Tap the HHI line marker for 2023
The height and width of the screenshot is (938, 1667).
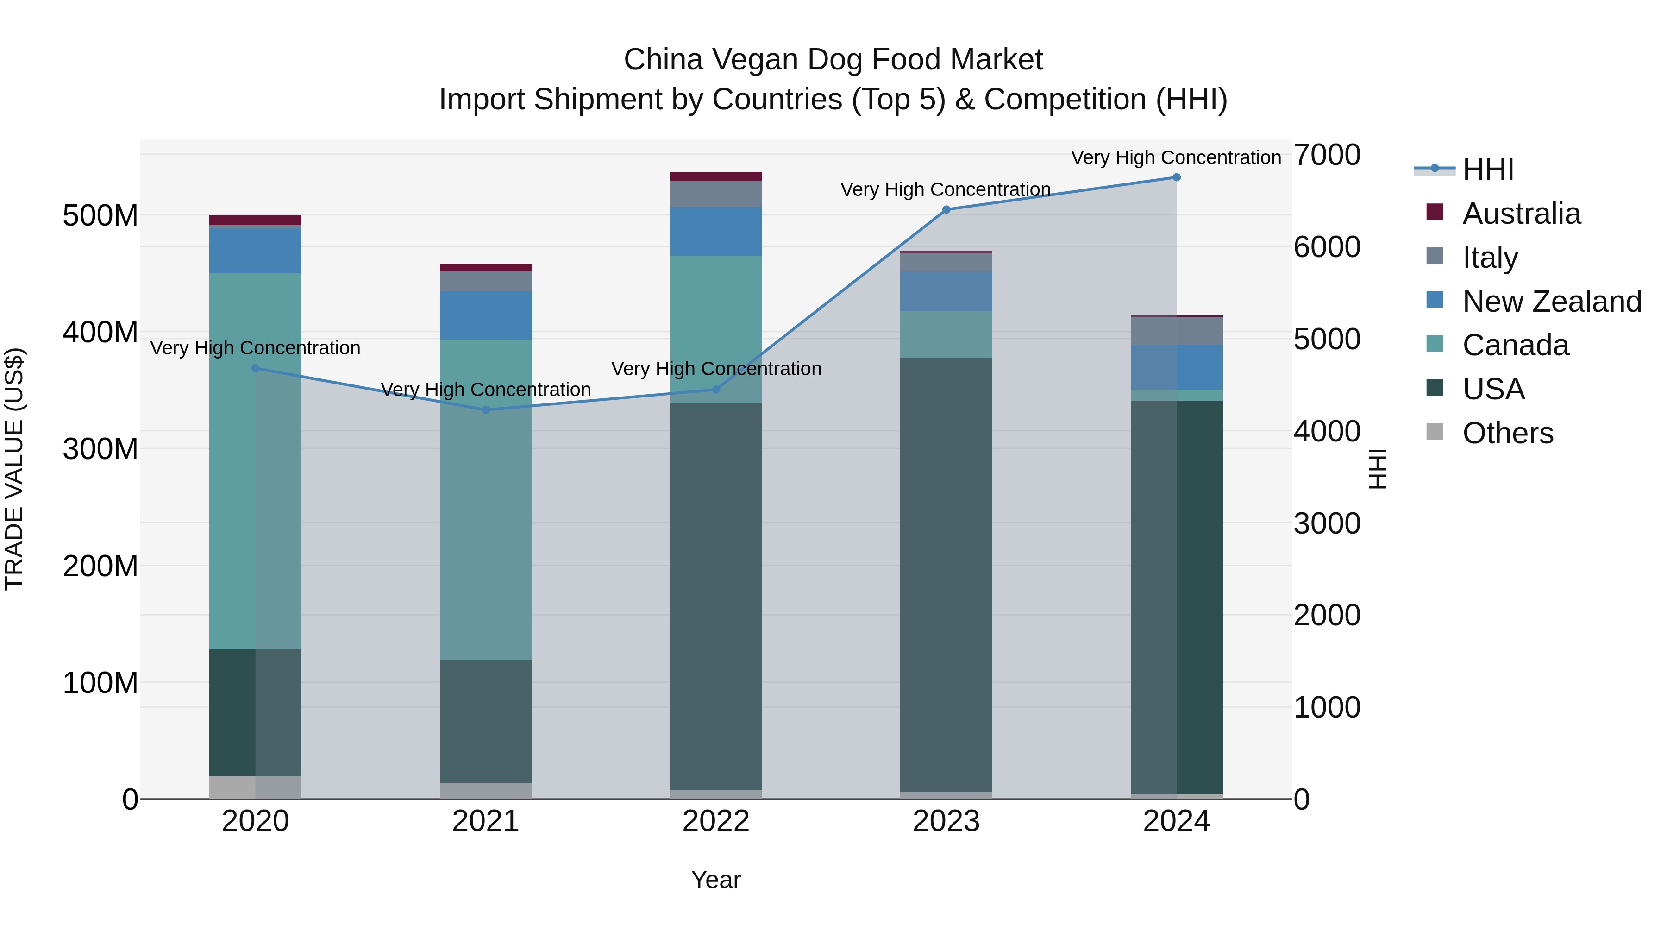946,210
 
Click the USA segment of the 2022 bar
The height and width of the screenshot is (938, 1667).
716,596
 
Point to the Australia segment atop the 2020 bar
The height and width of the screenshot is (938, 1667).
255,220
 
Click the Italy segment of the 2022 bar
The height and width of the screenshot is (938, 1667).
716,194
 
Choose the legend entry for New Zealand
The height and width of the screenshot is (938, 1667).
1551,302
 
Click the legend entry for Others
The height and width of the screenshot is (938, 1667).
1507,433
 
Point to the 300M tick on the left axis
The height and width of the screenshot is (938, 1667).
100,448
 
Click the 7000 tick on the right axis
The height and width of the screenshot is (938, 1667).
1327,155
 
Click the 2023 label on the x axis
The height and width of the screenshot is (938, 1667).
946,821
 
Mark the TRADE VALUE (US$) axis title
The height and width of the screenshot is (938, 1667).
14,469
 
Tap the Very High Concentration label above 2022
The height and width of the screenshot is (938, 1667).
716,369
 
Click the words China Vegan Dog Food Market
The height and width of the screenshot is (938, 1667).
833,60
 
